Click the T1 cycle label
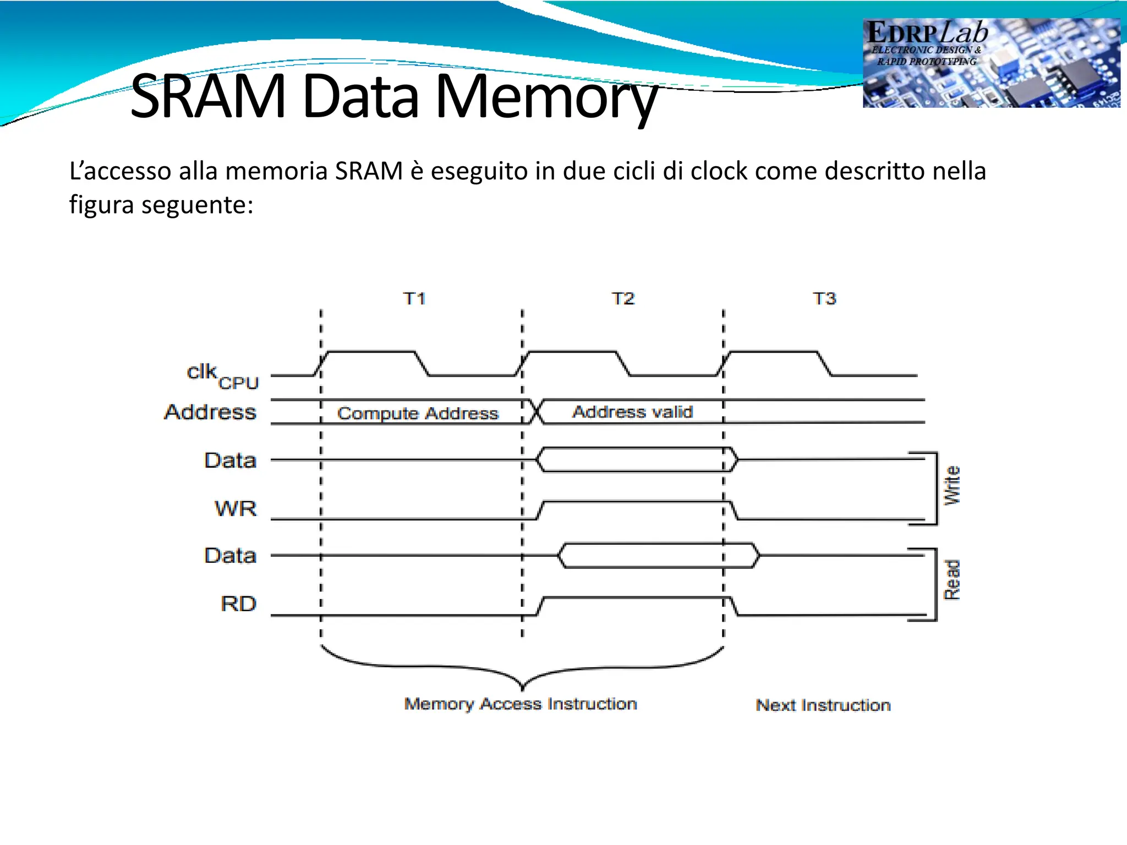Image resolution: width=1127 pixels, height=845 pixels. pos(414,299)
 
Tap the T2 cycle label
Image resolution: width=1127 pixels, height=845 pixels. pos(623,299)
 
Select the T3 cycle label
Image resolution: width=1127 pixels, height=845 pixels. pos(824,299)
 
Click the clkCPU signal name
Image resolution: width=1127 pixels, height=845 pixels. pos(222,376)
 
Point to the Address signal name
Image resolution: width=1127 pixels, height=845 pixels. pos(210,412)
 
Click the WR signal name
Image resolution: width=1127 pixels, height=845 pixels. pos(236,509)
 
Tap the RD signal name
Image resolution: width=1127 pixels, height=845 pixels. pos(238,604)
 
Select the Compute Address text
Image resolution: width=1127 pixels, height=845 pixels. pos(418,413)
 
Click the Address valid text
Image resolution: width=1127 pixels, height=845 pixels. pos(632,412)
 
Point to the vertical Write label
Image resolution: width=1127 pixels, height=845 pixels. pos(952,485)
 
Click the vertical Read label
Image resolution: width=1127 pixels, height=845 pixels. pos(952,580)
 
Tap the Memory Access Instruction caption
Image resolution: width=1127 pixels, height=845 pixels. pos(521,704)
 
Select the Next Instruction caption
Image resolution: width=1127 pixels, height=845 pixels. pos(823,705)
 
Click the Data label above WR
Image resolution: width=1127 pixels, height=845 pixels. pos(230,460)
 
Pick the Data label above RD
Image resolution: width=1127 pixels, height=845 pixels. pos(230,556)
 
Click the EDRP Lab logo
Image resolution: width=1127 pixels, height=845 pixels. pos(991,63)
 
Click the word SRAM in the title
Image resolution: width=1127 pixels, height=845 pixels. pos(208,97)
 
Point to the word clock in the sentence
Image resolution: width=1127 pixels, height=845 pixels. pos(719,171)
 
